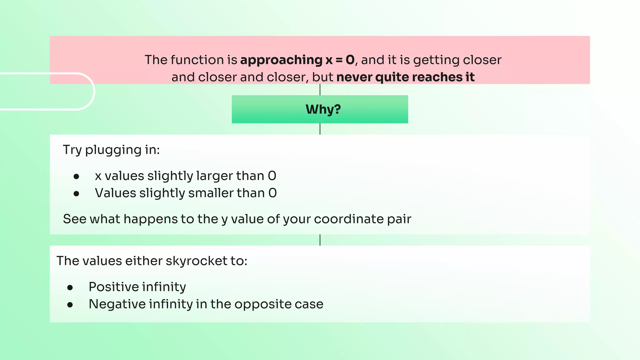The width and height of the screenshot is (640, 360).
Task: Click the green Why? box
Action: pos(320,109)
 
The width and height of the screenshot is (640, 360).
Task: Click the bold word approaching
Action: pos(281,60)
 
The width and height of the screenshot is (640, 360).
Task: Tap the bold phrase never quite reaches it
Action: pos(405,77)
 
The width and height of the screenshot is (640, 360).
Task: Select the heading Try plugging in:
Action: pos(111,150)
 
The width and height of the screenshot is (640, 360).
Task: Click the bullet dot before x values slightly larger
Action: pos(76,177)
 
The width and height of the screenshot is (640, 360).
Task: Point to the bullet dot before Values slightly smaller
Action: pos(76,194)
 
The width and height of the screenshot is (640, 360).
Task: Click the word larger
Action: pos(214,176)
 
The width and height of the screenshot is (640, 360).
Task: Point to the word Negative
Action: pos(117,304)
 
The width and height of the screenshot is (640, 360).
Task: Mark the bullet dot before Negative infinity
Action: pos(70,305)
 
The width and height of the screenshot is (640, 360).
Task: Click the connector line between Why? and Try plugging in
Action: pos(320,129)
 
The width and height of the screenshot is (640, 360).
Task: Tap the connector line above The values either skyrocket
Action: pos(320,240)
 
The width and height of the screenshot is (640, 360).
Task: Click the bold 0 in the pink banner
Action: pos(350,60)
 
